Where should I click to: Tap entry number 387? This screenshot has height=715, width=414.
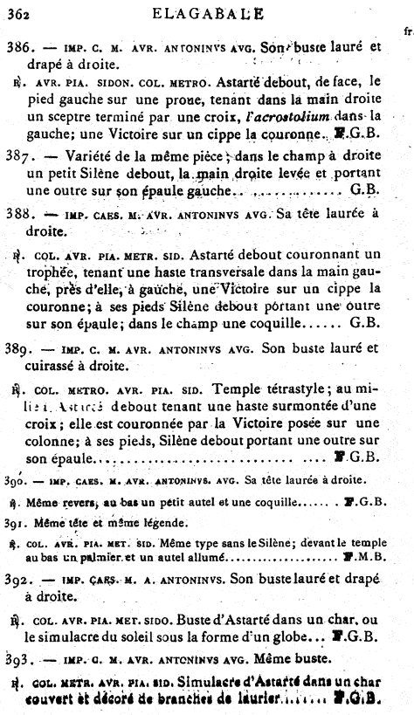[22, 157]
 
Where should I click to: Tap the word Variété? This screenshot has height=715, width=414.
[78, 157]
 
